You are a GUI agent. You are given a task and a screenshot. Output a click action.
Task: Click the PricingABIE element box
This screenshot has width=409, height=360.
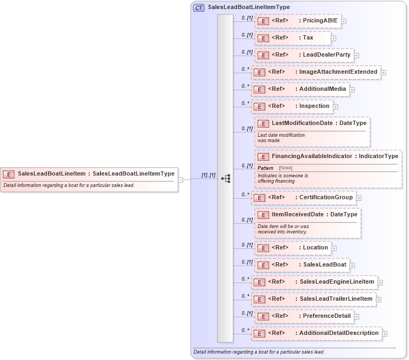[x=298, y=21]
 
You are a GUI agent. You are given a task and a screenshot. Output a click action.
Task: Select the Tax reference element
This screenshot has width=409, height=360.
[x=293, y=38]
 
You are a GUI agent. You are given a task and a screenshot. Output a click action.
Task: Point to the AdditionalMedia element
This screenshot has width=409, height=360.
[x=300, y=89]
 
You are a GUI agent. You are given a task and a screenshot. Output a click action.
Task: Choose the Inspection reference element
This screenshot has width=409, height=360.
[x=292, y=106]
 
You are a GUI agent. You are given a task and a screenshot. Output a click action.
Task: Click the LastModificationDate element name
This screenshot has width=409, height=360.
[x=302, y=123]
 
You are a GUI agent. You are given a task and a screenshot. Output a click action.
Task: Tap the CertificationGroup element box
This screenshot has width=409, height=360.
[x=303, y=198]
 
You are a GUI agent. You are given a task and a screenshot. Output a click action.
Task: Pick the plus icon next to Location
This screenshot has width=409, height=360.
[x=334, y=248]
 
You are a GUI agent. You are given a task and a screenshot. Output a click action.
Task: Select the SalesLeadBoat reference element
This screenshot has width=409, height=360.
[x=302, y=264]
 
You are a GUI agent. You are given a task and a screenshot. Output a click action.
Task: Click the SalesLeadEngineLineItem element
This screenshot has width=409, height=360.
[x=314, y=281]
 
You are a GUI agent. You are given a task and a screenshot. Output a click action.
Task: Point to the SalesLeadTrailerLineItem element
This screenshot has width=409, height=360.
[x=313, y=299]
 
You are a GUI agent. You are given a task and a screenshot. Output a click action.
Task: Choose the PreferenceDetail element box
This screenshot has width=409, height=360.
[x=304, y=316]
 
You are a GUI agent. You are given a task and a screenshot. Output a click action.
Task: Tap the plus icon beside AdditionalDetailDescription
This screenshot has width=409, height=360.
[x=384, y=333]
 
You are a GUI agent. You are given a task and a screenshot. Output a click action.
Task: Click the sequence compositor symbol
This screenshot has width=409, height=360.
[x=225, y=178]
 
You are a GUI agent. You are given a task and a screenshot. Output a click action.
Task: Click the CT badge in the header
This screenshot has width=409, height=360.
[x=199, y=7]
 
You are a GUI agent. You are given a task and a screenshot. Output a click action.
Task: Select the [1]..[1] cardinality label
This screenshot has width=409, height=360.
[x=208, y=175]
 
